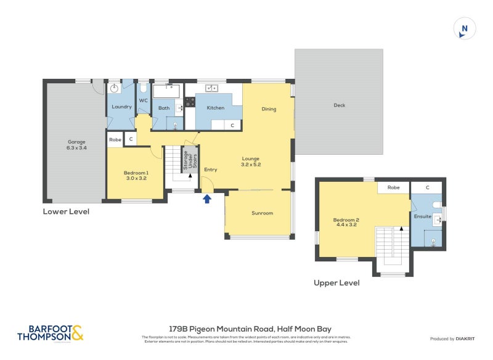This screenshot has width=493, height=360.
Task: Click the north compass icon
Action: tap(465, 28)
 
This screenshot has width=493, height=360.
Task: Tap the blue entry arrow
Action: tap(207, 198)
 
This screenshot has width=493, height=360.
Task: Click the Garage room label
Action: tap(76, 142)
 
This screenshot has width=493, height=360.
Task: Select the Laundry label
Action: tap(121, 107)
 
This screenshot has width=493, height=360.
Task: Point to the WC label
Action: tap(143, 100)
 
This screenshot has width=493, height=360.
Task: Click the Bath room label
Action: tap(164, 108)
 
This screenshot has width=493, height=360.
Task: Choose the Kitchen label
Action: tap(215, 108)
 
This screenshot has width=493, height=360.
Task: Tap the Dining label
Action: tap(269, 109)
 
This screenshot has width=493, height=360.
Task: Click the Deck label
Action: tap(339, 105)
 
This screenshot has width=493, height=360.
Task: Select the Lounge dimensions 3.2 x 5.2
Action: tap(251, 165)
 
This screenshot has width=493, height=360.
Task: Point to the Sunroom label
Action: tap(262, 213)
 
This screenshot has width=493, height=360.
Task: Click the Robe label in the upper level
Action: tap(393, 187)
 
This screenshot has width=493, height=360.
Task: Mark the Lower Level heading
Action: tap(66, 211)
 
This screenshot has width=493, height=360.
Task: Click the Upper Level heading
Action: tap(336, 283)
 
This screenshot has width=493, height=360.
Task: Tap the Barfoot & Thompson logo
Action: tap(50, 333)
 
